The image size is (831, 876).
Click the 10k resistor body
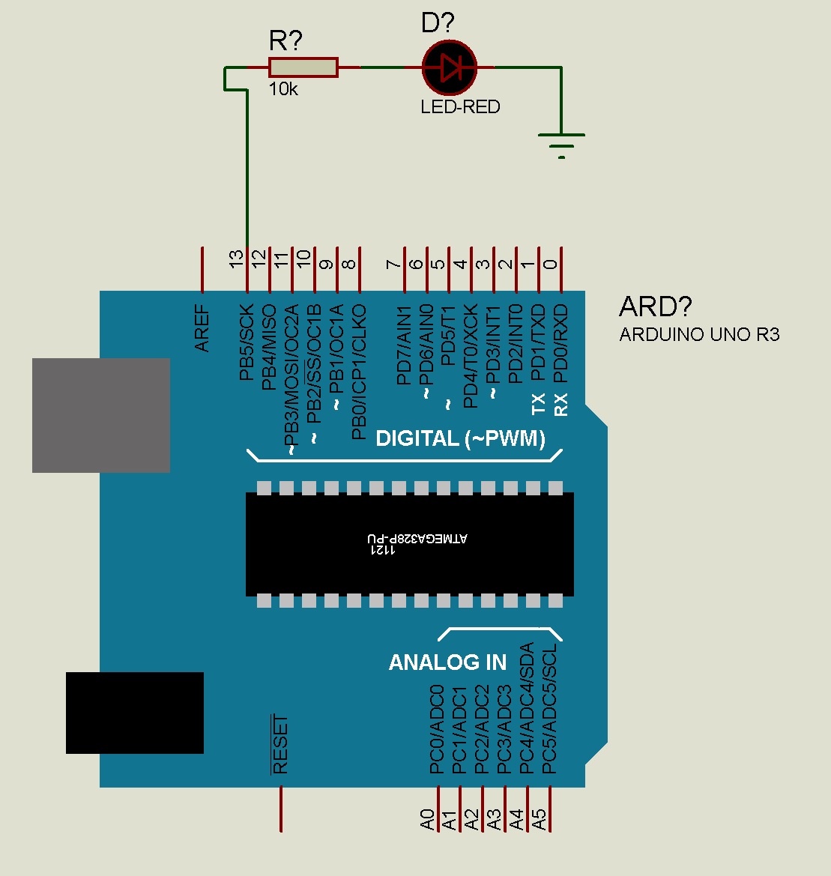(x=303, y=67)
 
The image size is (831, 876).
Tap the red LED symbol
(x=450, y=67)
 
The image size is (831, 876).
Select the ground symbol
(x=561, y=142)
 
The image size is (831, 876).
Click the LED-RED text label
(x=460, y=106)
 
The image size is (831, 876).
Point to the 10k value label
(x=283, y=89)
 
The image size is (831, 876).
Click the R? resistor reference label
(x=285, y=41)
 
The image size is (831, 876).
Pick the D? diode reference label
(x=438, y=23)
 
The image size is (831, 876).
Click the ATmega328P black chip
(x=410, y=544)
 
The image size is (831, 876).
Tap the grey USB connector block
(x=101, y=415)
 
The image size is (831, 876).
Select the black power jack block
(x=135, y=713)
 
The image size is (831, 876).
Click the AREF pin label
(x=202, y=329)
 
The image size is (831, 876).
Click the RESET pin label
(x=280, y=745)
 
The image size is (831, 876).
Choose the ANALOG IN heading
(x=447, y=662)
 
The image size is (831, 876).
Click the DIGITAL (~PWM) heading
(x=460, y=438)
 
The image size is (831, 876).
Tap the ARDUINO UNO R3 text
(x=699, y=334)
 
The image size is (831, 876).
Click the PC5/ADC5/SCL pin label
(x=550, y=708)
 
